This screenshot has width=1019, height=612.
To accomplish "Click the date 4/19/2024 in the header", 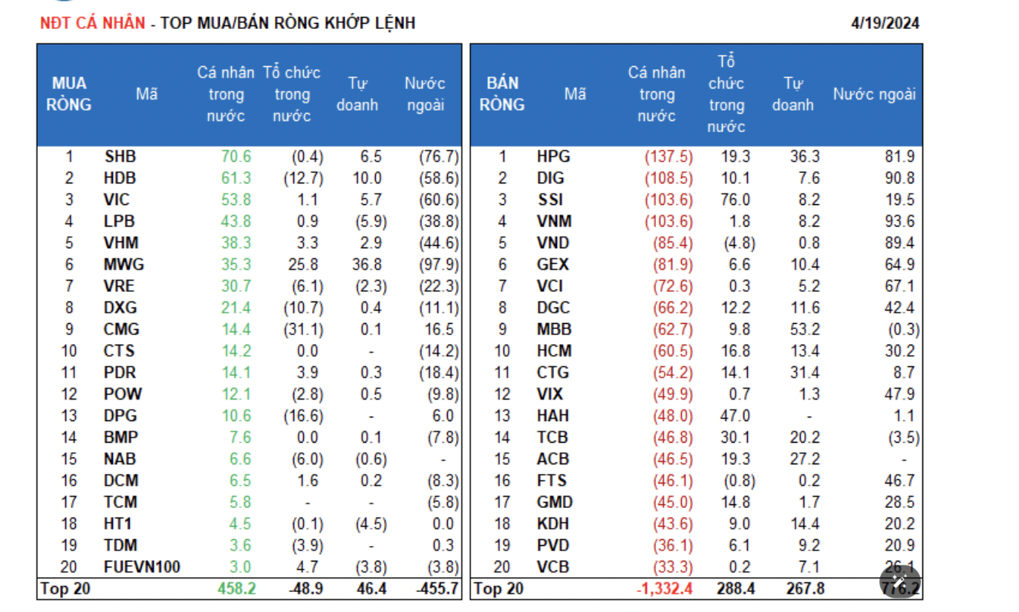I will tap(885, 23).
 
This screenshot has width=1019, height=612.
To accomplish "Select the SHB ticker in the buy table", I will tap(120, 157).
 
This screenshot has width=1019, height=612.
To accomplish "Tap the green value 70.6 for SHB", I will tap(236, 157).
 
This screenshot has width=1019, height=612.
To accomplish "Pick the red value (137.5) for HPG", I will tap(668, 157).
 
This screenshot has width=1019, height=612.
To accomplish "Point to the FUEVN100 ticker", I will tap(142, 567).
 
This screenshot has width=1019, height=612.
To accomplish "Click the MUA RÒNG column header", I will tap(68, 94).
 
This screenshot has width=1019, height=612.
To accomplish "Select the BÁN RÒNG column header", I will tap(501, 94).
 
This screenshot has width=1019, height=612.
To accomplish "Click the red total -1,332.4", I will tap(665, 590).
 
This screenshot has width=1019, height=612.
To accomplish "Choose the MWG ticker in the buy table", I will tap(123, 264).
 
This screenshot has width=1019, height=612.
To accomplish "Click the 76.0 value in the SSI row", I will tap(735, 200).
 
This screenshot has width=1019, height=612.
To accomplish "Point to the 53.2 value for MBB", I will tap(804, 329).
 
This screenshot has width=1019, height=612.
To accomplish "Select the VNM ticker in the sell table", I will tap(554, 221).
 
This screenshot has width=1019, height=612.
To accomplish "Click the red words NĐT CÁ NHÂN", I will tap(92, 23).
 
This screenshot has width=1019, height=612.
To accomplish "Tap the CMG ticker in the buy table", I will tap(122, 329).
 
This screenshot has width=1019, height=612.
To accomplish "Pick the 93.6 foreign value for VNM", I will tap(899, 221).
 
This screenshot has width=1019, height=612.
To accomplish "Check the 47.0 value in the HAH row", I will tap(735, 416).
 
